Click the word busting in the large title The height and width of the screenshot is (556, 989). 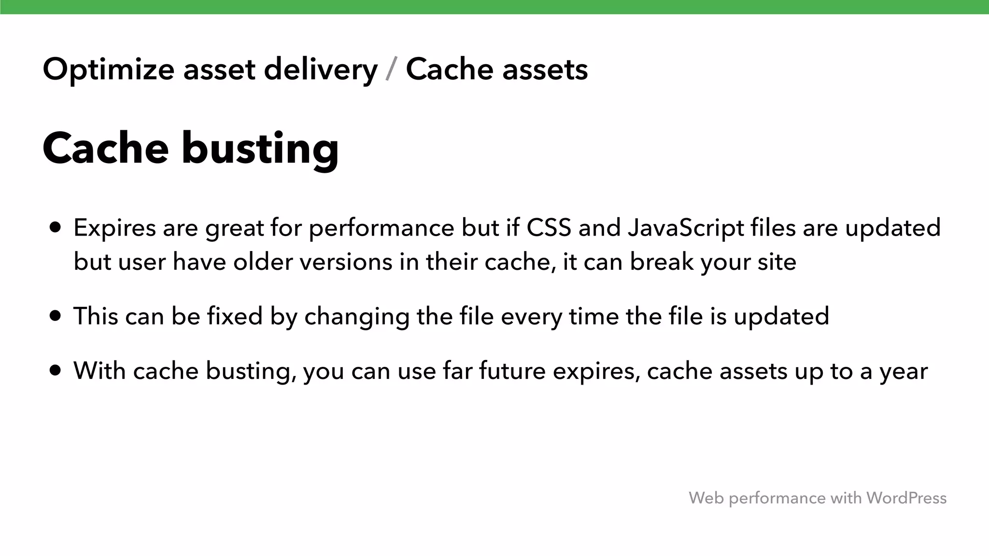coord(260,149)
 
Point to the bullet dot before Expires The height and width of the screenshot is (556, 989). coord(56,227)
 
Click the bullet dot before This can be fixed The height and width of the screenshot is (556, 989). coord(56,316)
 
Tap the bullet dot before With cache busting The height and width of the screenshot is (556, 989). coord(56,371)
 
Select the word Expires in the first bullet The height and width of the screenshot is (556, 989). coord(114,228)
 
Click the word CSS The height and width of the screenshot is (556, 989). coord(549,227)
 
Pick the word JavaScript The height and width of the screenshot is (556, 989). coord(686,228)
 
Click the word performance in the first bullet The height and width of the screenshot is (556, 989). coord(381,228)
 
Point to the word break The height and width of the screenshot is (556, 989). coord(662,262)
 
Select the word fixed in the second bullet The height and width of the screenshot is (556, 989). coord(235,316)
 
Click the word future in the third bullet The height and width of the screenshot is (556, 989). coord(512,371)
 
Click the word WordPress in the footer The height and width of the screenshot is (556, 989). coord(906,498)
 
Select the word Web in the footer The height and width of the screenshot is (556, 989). coord(706,498)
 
